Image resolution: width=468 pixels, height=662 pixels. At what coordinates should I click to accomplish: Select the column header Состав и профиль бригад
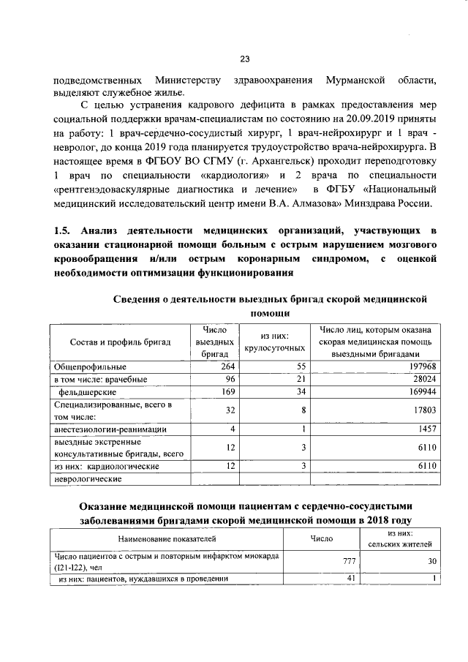pyautogui.click(x=120, y=342)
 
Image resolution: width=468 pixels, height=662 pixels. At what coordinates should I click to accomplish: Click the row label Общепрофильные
pyautogui.click(x=90, y=366)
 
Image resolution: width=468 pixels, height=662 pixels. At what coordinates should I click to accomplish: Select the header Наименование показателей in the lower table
pyautogui.click(x=167, y=538)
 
